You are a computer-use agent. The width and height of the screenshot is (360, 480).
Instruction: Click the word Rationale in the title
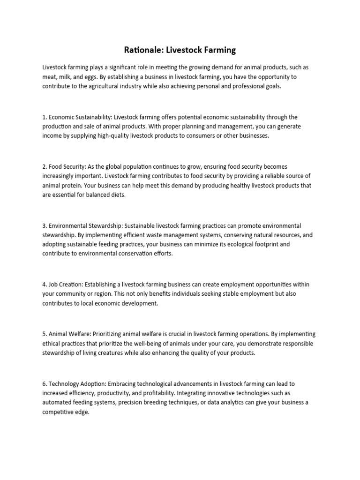[141, 49]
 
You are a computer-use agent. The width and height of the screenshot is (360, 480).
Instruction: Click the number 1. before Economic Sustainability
[45, 117]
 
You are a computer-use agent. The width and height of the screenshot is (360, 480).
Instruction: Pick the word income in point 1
[52, 135]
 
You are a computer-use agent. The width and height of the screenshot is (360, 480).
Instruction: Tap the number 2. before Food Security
[45, 166]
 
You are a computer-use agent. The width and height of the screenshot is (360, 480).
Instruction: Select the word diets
[117, 195]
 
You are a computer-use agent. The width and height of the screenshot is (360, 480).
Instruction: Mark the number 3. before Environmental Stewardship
[45, 225]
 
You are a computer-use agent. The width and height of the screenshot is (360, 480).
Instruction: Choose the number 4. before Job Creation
[45, 285]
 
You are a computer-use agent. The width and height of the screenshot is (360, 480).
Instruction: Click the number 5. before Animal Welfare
[45, 334]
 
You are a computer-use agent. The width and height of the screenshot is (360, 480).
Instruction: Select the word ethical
[51, 344]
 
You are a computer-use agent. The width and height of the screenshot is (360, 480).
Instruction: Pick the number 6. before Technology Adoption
[45, 383]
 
